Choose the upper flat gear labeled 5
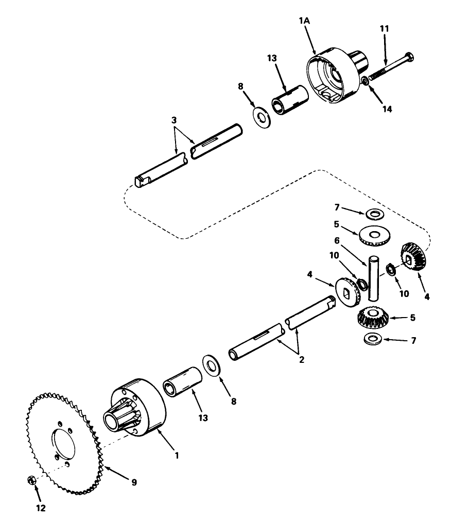374,235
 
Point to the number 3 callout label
175,119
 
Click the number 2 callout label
302,360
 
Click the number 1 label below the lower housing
177,455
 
